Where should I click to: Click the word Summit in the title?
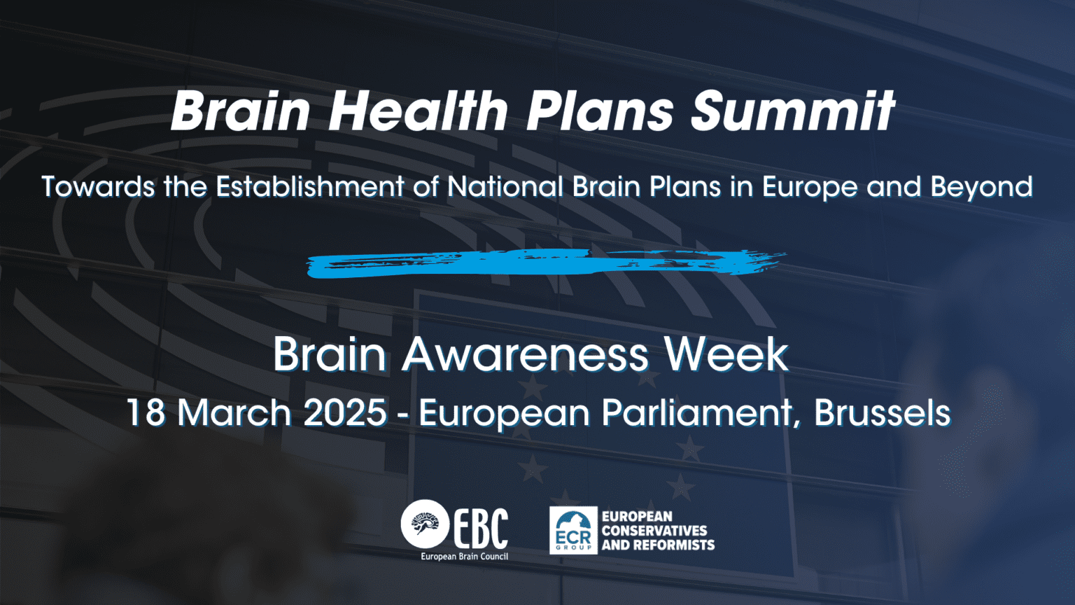(793, 111)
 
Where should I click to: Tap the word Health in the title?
(418, 111)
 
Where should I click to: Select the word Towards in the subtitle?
(99, 186)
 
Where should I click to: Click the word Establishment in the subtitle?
(310, 186)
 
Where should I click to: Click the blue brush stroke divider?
(546, 263)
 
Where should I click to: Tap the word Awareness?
(526, 354)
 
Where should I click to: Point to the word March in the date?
(234, 412)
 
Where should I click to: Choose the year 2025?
(345, 412)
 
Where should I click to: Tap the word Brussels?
(882, 412)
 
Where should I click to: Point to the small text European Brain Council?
(464, 557)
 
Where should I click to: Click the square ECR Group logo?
(573, 530)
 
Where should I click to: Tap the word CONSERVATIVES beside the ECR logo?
(654, 531)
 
